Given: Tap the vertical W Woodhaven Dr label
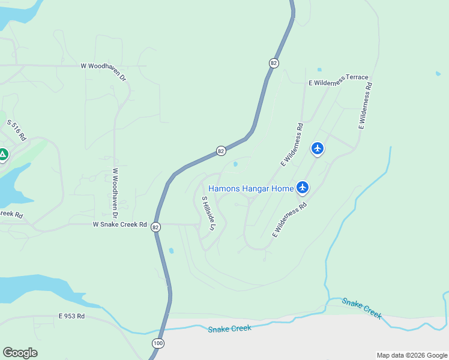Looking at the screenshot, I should (114, 188).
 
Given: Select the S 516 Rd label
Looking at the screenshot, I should (17, 130).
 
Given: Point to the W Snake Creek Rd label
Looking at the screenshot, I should (119, 224).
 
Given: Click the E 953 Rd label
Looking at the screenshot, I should (71, 316).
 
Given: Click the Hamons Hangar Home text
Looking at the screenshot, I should (251, 188).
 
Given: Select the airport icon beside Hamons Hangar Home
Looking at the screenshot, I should (303, 188).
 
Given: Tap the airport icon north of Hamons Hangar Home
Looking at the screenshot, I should (318, 148).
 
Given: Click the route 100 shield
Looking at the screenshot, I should (157, 343).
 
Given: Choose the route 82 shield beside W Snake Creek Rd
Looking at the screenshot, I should (156, 227).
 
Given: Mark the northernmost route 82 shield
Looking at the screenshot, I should (274, 63).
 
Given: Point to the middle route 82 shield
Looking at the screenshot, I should (221, 151).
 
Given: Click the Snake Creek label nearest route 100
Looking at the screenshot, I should (229, 329).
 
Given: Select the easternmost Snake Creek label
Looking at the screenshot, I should (362, 308).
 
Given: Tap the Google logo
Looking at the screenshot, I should (20, 352).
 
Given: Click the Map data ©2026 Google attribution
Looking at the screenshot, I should (411, 355).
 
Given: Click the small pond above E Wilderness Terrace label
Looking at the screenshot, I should (319, 70).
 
